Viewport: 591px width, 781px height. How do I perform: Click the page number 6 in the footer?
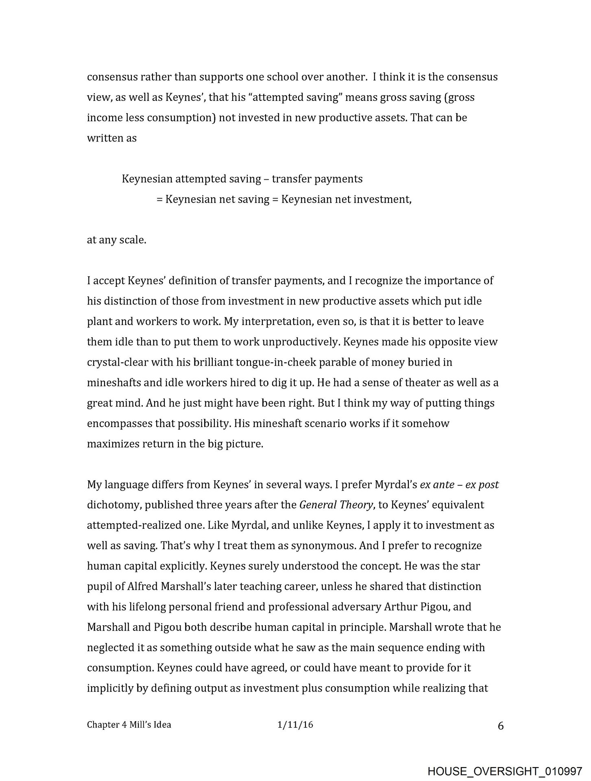(501, 726)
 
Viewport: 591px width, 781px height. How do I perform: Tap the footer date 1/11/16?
(295, 724)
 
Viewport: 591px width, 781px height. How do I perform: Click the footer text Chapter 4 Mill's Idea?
(129, 724)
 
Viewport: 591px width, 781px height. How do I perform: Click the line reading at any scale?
(116, 240)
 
